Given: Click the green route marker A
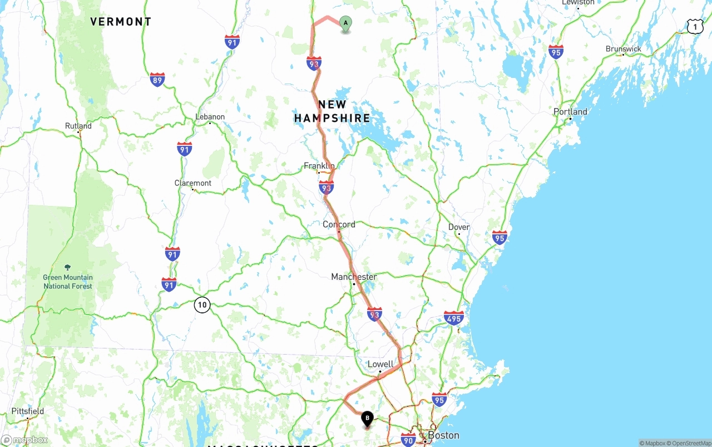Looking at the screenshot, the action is [345, 23].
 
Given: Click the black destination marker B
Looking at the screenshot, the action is [367, 418].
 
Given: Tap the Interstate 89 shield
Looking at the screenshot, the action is [157, 80].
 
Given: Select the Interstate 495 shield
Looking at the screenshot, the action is [454, 318].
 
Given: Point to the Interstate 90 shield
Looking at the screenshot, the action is [408, 439].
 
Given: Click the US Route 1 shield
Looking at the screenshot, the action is [695, 26].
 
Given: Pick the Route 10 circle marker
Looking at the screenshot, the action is [202, 304].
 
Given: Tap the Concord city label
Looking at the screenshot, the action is [339, 224].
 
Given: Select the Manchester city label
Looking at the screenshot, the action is [354, 277].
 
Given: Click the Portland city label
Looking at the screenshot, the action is [570, 111].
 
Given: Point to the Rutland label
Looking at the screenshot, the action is [78, 126].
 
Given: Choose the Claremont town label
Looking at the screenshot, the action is [193, 183].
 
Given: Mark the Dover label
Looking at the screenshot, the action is [459, 227].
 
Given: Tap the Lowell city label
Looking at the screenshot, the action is [380, 364].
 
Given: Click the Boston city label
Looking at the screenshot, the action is [443, 435].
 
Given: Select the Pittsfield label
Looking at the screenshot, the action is [28, 411].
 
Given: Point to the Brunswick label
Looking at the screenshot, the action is [623, 49].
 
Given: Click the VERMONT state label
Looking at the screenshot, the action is [121, 22].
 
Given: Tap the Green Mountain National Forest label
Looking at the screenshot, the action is [68, 281].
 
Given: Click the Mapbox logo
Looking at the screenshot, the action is [24, 440].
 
